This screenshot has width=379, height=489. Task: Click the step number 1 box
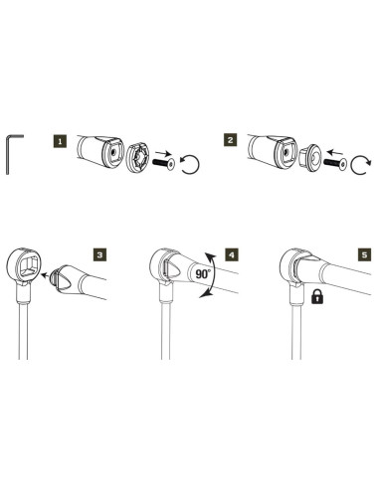(x=62, y=142)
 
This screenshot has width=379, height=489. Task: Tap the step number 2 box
(x=230, y=142)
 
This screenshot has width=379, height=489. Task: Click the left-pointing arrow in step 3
(x=52, y=279)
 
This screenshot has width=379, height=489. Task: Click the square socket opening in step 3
(x=26, y=264)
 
